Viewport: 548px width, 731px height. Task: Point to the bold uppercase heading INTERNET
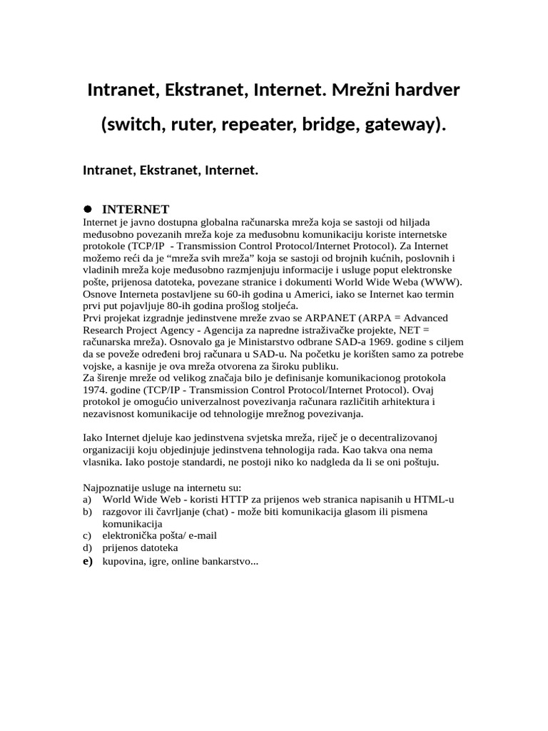[136, 209]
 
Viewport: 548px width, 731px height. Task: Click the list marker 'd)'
[88, 548]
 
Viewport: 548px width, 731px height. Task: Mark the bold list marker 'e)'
[88, 562]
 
